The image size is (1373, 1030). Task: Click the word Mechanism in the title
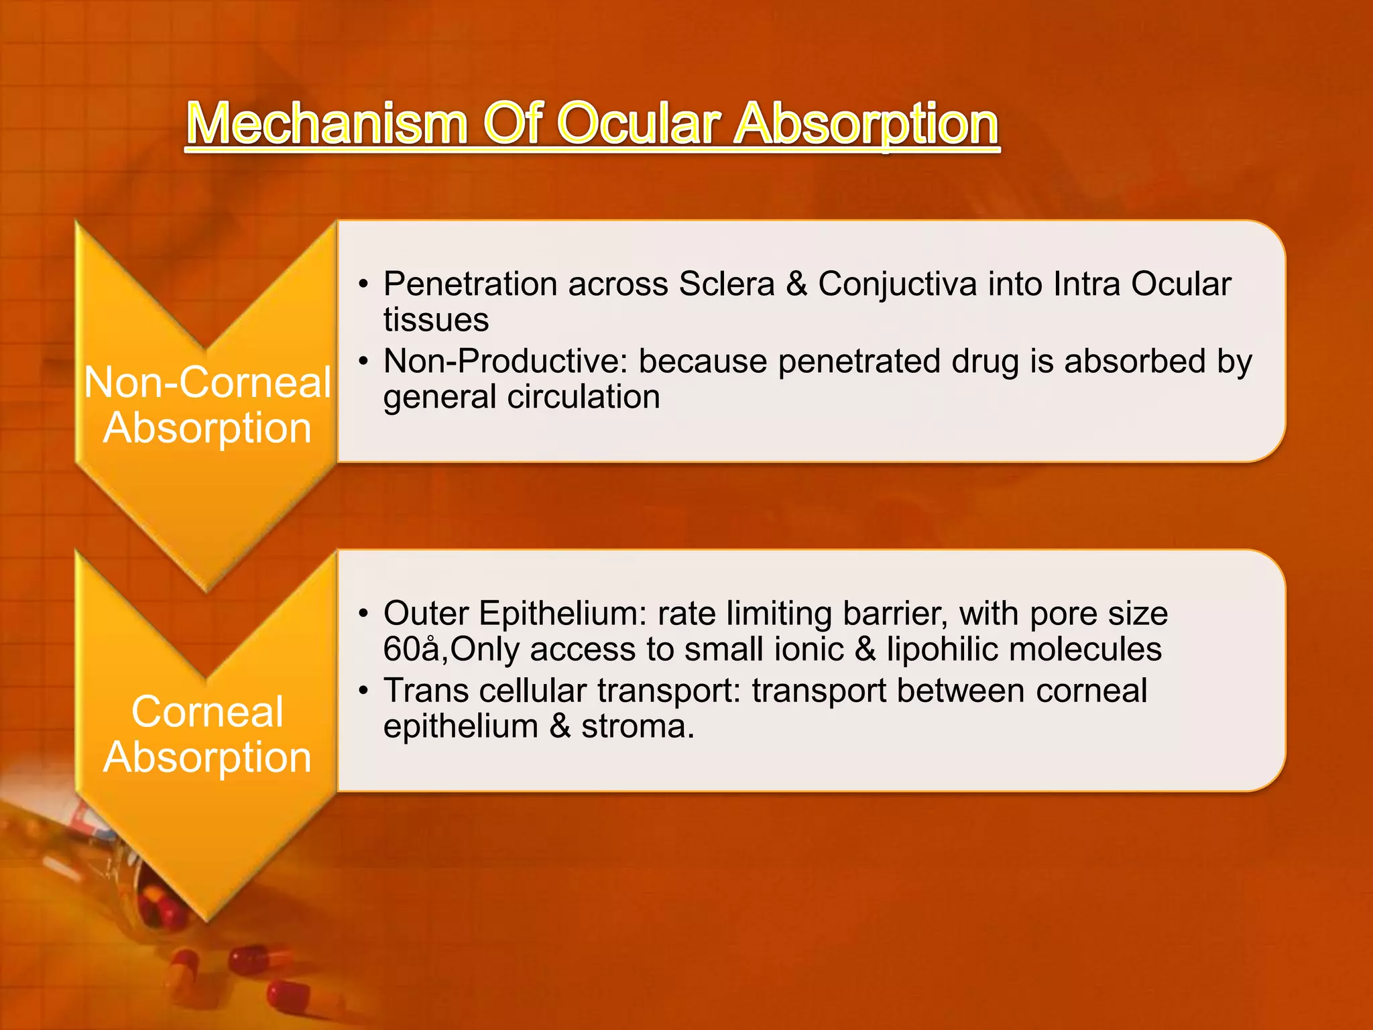[x=326, y=124]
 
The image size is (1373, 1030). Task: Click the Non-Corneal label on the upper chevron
[x=207, y=382]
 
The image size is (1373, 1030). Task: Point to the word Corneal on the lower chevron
[x=207, y=711]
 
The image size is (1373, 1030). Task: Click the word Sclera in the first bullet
[x=727, y=284]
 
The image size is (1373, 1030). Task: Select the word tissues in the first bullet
[x=436, y=320]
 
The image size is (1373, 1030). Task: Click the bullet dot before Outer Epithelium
[x=363, y=614]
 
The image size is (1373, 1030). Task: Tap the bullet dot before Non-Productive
[x=363, y=362]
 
